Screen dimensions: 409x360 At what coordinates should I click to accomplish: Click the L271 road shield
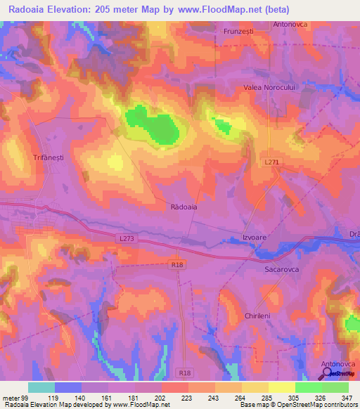point(273,162)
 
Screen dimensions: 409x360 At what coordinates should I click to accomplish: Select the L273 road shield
point(126,239)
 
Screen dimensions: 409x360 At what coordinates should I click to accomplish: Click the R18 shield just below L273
point(178,264)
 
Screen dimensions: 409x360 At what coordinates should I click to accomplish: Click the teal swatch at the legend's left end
point(41,387)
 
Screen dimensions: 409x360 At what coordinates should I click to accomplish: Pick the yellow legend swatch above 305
point(281,387)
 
